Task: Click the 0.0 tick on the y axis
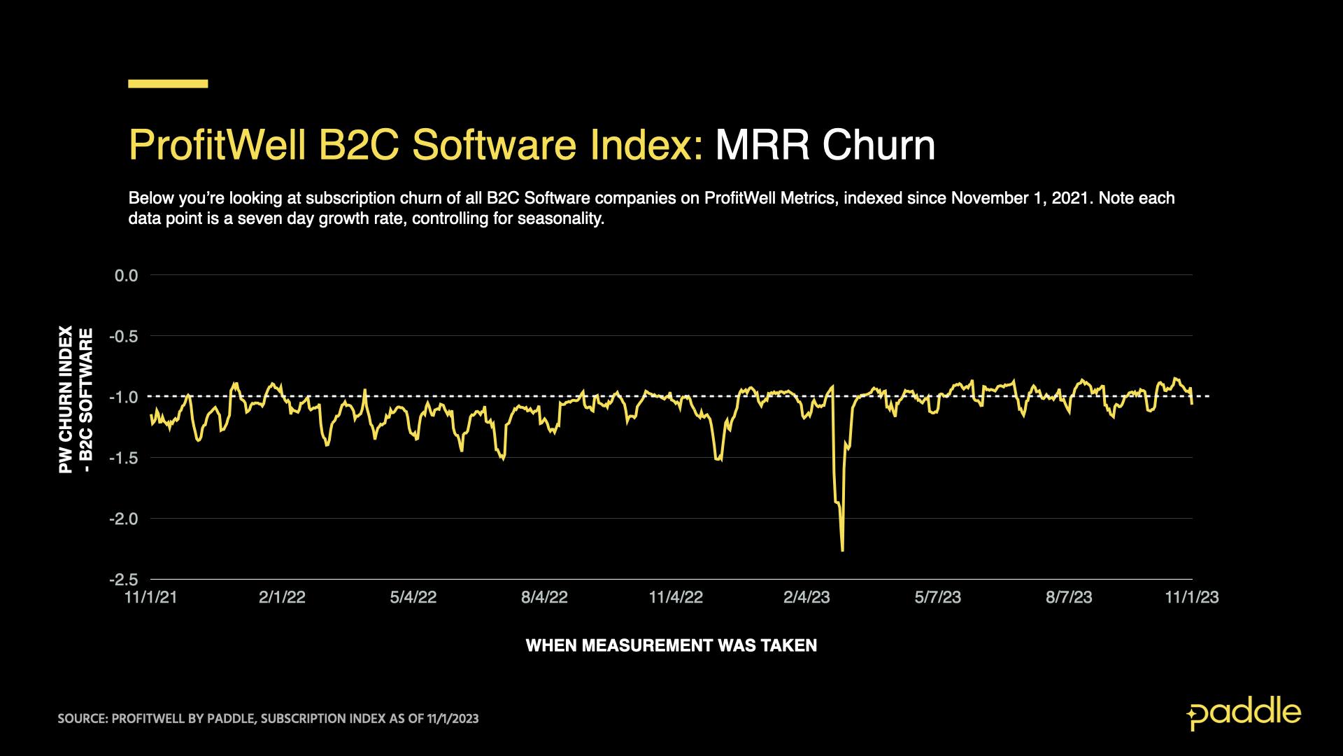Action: pos(126,276)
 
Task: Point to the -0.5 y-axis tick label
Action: pos(123,337)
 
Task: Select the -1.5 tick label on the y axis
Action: pos(123,458)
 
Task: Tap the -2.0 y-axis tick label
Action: pos(123,519)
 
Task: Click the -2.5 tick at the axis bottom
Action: pos(123,580)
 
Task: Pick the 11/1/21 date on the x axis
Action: pos(150,597)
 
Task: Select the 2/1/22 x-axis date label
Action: pos(282,597)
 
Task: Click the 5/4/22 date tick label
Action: pos(413,597)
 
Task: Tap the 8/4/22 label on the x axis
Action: pos(544,597)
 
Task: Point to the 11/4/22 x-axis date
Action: pos(676,597)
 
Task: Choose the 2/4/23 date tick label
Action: pos(806,597)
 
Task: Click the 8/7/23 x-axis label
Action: pos(1069,597)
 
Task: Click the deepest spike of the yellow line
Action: pos(842,550)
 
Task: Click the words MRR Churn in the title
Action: pos(825,146)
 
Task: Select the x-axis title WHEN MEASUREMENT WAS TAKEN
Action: pos(671,645)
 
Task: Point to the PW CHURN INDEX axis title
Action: pos(66,399)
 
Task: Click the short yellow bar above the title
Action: pos(168,84)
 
